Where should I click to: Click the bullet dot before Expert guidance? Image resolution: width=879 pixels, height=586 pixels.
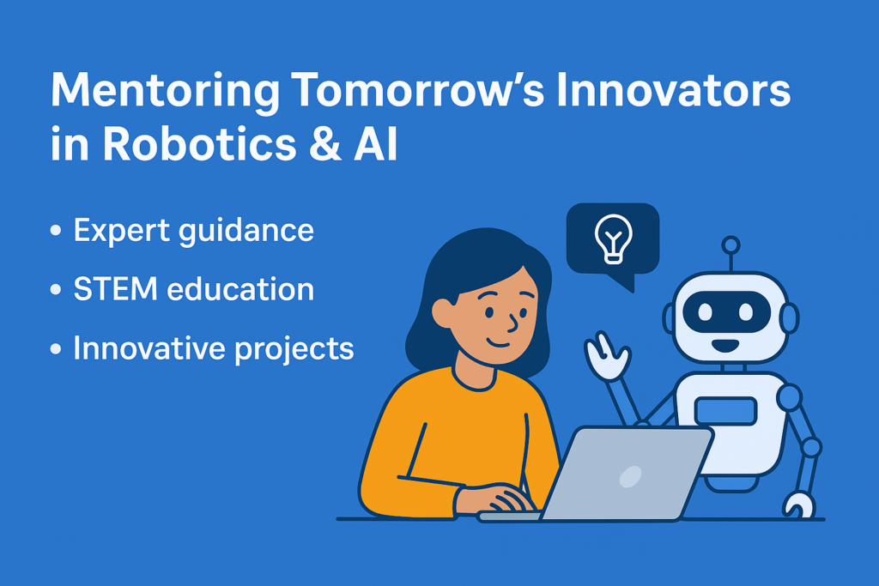click(57, 233)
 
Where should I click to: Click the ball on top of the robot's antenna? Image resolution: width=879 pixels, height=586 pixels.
click(730, 245)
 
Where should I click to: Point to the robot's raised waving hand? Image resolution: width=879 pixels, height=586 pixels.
click(604, 356)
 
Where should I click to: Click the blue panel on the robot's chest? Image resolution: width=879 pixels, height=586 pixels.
click(725, 411)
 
